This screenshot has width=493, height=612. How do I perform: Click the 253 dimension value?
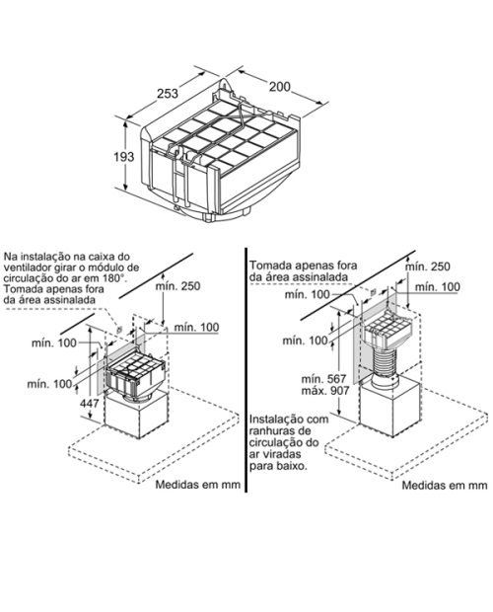(x=168, y=94)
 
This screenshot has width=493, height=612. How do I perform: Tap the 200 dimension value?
(x=280, y=86)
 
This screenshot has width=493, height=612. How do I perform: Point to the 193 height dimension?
(x=124, y=157)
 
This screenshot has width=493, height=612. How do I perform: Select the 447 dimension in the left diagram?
(x=90, y=403)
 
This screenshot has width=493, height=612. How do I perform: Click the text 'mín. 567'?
(x=323, y=379)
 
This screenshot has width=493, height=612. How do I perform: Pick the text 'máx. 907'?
(x=325, y=390)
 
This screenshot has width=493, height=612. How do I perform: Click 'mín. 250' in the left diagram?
(x=177, y=286)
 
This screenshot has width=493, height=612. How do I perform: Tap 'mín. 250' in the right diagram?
(x=428, y=267)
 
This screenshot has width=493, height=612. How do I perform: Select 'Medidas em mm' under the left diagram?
(x=197, y=485)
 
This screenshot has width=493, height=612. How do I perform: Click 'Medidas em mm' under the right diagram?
(x=445, y=485)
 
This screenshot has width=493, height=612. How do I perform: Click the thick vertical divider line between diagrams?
(x=246, y=369)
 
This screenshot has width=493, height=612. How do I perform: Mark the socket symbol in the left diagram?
(x=120, y=329)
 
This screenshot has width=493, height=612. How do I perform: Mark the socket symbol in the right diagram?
(x=373, y=291)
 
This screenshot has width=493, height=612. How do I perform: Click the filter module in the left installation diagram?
(x=136, y=377)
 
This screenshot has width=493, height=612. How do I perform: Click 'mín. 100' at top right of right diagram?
(x=437, y=287)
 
